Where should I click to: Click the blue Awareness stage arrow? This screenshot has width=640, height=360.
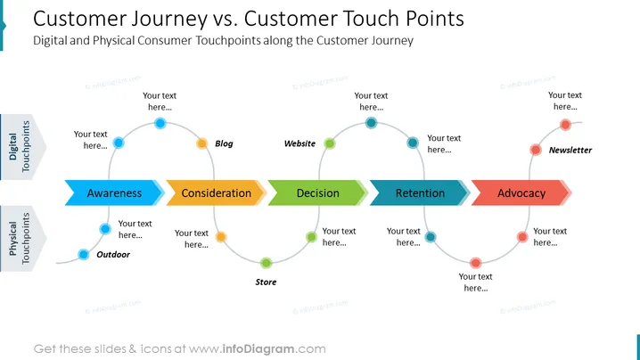114,192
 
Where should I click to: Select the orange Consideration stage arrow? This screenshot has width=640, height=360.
217,192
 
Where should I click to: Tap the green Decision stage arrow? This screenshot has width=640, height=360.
318,192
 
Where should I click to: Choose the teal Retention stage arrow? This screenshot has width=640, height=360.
420,192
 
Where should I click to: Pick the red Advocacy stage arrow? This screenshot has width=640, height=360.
521,192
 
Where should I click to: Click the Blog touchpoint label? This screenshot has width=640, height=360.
224,143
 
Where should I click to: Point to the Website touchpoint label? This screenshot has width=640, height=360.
299,143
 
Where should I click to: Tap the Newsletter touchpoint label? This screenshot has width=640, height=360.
570,151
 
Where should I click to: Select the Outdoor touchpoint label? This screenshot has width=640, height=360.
113,255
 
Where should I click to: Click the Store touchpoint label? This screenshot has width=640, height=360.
266,282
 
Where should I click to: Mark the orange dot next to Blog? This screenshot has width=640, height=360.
202,143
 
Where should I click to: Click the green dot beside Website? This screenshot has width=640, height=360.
330,143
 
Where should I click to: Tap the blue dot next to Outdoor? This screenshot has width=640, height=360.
83,255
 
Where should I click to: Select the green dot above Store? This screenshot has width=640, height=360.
267,263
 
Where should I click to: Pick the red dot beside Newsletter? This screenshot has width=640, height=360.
536,150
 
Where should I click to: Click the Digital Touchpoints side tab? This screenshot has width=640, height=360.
23,146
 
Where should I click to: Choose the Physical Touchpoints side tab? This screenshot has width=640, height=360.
23,239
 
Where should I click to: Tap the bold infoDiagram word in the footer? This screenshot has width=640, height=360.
258,349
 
